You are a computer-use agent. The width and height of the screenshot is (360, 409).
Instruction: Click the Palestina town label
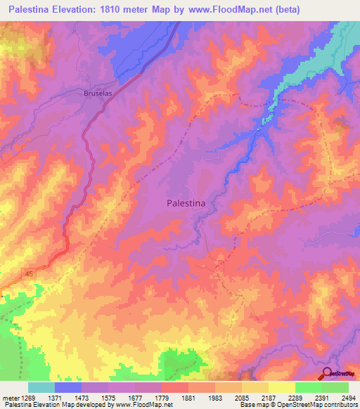186,202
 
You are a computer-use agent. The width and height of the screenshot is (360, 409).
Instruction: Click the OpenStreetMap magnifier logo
328,373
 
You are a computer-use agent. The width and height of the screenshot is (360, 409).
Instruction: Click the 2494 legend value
348,398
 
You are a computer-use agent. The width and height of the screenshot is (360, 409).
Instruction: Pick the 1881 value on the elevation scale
186,398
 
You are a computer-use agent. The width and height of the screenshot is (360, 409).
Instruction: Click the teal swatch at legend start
41,387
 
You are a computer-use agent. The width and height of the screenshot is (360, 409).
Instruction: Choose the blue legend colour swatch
68,387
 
